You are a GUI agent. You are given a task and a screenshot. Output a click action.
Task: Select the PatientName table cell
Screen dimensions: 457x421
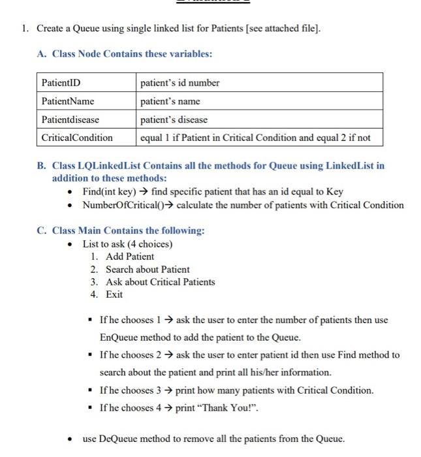68,101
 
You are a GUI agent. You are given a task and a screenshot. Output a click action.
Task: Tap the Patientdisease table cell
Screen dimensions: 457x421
70,119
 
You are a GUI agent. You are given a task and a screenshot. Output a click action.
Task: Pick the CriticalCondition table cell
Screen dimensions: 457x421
77,138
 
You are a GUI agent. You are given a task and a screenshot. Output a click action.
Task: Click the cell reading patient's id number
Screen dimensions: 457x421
180,83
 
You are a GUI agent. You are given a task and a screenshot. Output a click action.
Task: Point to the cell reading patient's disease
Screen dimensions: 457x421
174,119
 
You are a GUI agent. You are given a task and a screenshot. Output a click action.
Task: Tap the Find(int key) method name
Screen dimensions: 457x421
108,192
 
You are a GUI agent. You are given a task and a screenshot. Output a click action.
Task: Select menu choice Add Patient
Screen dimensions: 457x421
130,257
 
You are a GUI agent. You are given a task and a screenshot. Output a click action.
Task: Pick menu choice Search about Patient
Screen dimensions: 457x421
148,269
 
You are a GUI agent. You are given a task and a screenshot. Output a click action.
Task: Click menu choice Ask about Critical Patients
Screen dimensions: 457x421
160,282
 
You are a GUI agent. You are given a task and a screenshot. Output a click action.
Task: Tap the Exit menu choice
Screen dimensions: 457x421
114,294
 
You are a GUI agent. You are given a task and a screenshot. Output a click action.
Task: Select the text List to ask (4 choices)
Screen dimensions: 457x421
127,244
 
